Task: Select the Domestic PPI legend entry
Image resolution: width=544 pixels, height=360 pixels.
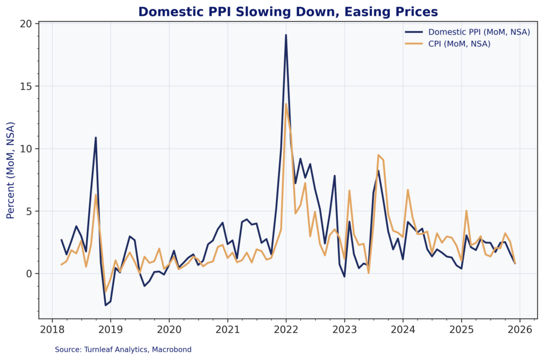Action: point(479,32)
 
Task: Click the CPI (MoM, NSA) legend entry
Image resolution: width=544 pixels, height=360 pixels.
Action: point(459,44)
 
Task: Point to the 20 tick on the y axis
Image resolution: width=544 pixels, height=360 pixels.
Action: point(27,24)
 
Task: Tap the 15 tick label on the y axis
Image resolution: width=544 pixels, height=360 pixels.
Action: point(27,87)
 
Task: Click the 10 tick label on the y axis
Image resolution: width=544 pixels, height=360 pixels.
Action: point(27,149)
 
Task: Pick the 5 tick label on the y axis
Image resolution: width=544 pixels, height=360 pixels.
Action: point(29,211)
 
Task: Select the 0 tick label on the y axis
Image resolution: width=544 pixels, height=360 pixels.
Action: point(29,274)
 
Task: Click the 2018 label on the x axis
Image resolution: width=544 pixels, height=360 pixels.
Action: point(52,329)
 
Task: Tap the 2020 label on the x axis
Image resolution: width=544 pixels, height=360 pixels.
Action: point(169,329)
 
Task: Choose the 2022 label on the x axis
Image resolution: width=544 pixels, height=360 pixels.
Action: point(286,329)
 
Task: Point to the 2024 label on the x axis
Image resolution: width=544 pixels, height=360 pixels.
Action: point(403,329)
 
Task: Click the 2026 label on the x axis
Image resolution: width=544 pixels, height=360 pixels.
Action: point(519,329)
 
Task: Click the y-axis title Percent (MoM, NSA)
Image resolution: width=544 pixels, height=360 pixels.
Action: point(11,170)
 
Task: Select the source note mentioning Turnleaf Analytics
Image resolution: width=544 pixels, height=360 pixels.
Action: point(123,350)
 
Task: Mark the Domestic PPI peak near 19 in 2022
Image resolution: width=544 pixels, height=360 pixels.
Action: point(286,35)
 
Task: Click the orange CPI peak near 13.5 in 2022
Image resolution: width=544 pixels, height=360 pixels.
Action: point(286,104)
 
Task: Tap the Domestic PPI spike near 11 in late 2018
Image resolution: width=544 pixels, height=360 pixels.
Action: point(96,138)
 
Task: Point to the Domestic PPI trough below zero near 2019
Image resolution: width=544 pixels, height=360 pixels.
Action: point(105,305)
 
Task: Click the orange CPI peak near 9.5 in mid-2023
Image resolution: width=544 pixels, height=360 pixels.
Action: point(378,155)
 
